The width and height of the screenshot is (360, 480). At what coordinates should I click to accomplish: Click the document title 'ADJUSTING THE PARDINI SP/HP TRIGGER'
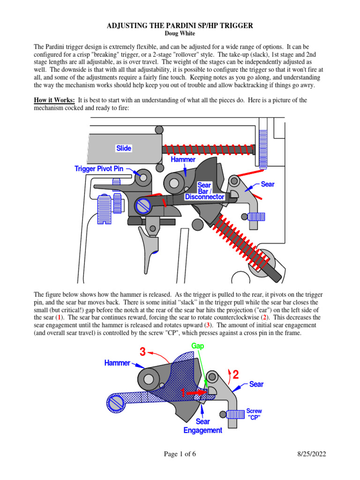(x=180, y=26)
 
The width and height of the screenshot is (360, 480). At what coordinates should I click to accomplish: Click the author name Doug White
(x=180, y=34)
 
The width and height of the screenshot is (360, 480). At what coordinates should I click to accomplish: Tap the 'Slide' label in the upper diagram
(x=124, y=149)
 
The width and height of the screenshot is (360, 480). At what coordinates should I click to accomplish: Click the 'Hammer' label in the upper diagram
(x=183, y=160)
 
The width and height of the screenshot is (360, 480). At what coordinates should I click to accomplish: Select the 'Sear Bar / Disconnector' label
(x=204, y=191)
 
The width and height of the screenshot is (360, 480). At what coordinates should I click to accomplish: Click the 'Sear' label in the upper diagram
(x=268, y=184)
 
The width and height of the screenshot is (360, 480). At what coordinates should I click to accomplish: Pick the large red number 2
(x=236, y=375)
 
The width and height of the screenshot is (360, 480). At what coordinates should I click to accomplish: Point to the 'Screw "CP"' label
(x=254, y=414)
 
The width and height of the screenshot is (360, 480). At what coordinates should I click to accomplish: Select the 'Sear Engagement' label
(x=202, y=426)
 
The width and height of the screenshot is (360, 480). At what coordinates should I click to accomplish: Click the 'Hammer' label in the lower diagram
(x=116, y=363)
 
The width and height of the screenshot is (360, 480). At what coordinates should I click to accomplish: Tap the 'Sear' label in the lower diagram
(x=256, y=384)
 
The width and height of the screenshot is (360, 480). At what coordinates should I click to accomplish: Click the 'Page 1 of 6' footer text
(x=180, y=454)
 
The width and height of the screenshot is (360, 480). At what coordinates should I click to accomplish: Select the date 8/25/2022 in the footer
(x=311, y=454)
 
